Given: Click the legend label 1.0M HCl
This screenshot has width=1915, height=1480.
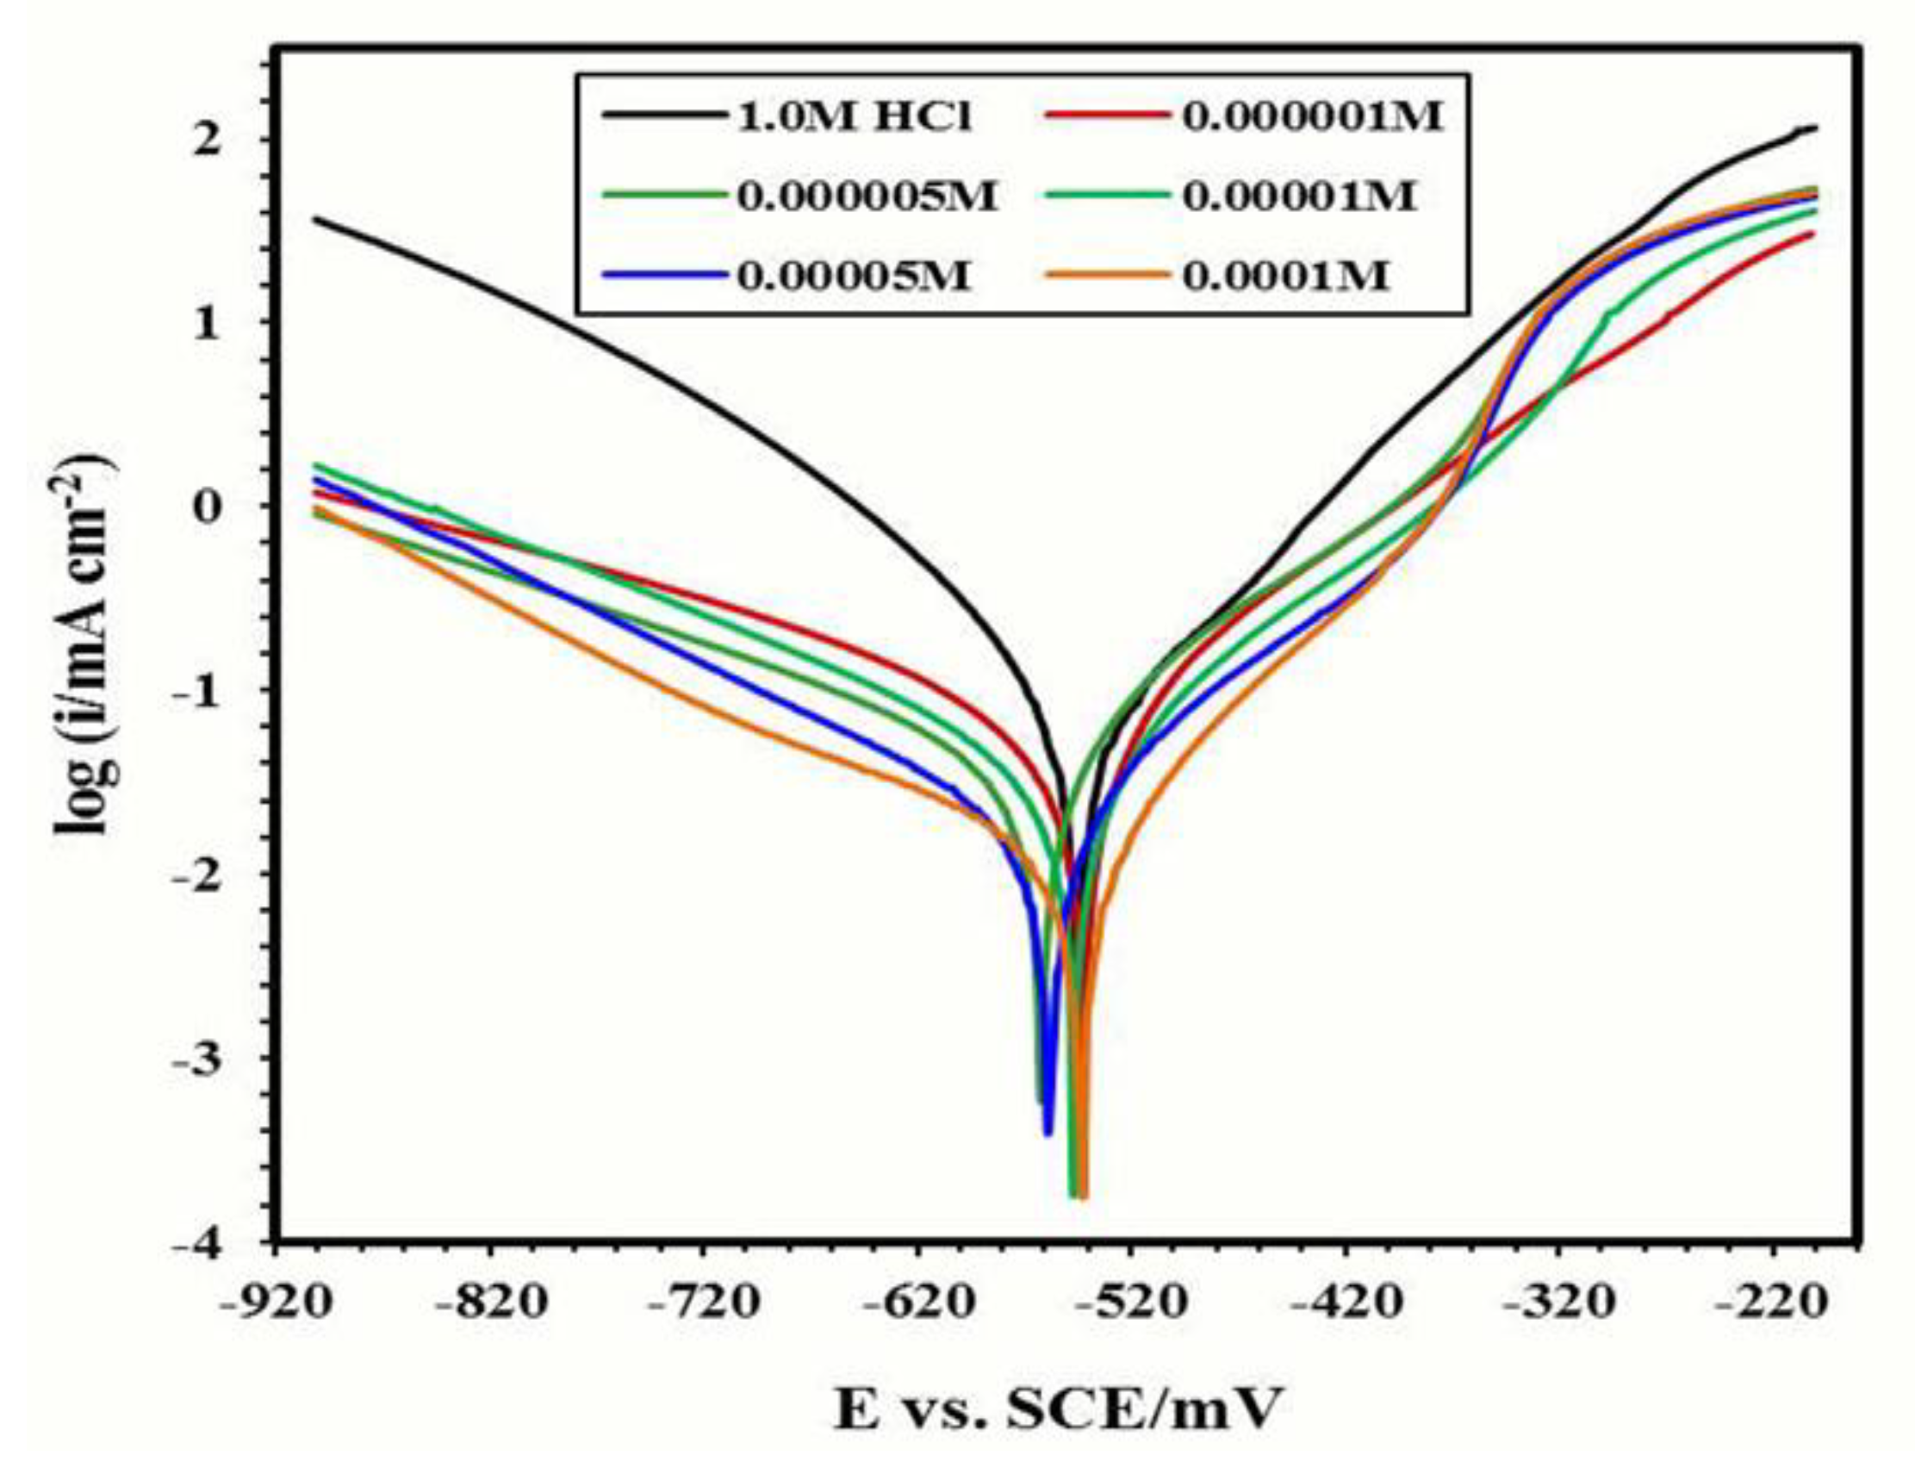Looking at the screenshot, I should click(x=855, y=116).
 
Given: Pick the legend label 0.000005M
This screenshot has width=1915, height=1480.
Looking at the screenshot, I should click(x=867, y=197).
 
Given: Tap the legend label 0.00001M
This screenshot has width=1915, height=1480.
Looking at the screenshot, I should click(x=1299, y=197).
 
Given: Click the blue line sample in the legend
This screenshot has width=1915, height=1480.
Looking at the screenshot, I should click(x=664, y=277).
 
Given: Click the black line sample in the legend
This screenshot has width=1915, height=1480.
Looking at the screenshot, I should click(x=664, y=115).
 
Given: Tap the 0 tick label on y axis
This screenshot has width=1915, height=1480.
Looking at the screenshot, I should click(x=203, y=507).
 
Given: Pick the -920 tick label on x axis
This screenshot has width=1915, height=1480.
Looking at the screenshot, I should click(x=277, y=1304).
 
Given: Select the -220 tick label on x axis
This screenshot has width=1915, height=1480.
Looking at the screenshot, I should click(x=1772, y=1304).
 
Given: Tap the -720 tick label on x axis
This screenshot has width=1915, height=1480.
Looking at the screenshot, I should click(x=704, y=1304).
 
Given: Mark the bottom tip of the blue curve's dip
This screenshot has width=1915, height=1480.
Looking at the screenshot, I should click(x=1048, y=1134).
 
